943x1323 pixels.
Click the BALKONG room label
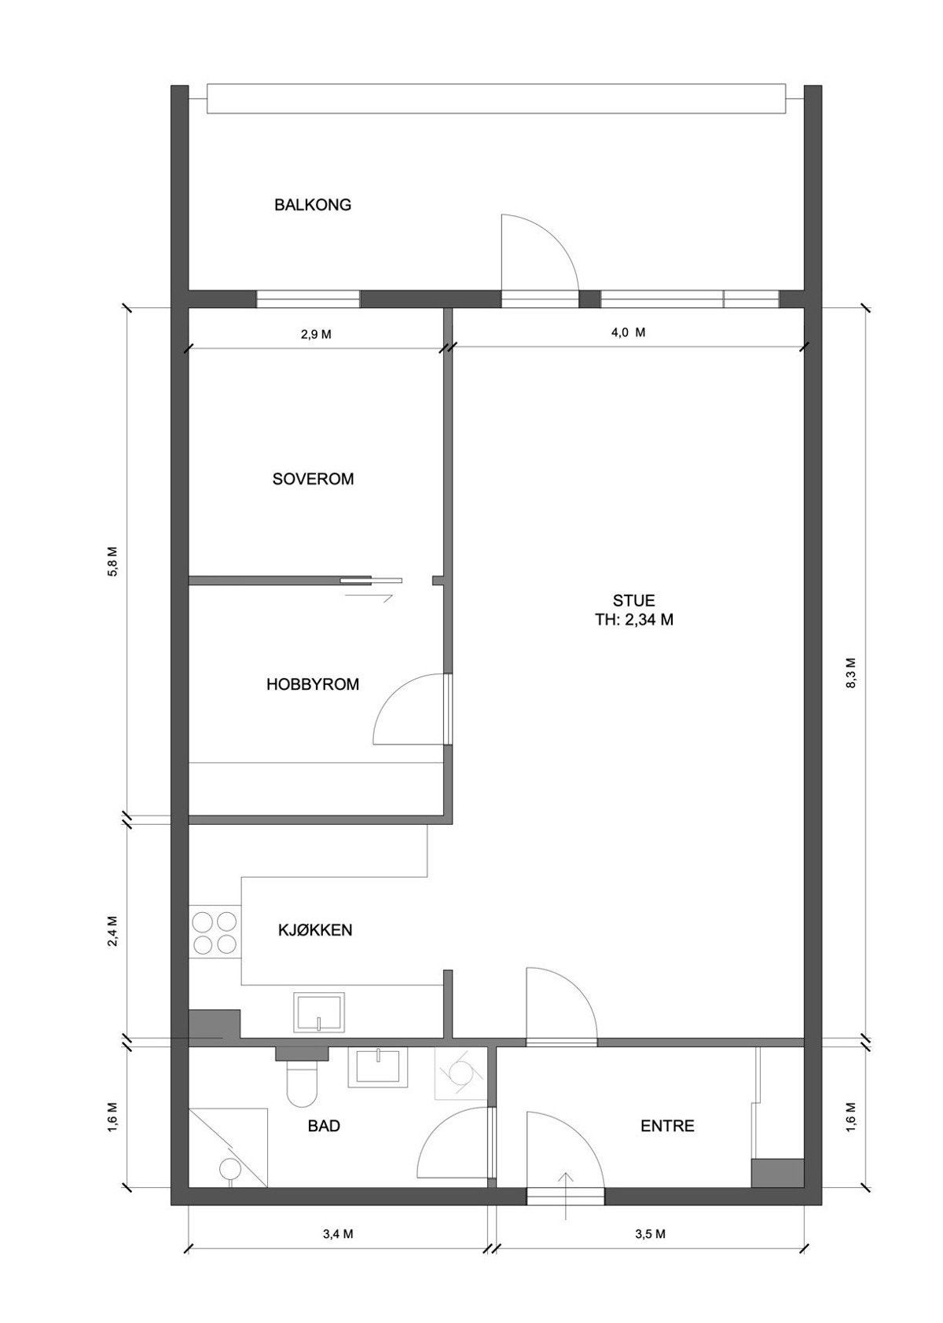click(x=313, y=205)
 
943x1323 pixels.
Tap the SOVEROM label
click(x=313, y=478)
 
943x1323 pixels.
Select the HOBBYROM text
click(x=313, y=684)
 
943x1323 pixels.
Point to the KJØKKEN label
click(x=315, y=930)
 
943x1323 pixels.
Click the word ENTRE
click(x=667, y=1126)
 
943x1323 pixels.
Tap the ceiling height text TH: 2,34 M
click(x=634, y=619)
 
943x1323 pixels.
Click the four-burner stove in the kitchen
click(x=215, y=932)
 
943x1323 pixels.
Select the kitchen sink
click(x=319, y=1012)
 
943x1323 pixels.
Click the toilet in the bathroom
click(x=302, y=1083)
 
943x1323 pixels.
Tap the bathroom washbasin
click(x=380, y=1067)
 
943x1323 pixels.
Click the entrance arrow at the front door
click(x=566, y=1194)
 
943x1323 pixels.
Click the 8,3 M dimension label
click(x=853, y=672)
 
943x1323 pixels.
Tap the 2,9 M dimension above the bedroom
click(x=316, y=334)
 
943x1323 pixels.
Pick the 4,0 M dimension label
click(x=628, y=332)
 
